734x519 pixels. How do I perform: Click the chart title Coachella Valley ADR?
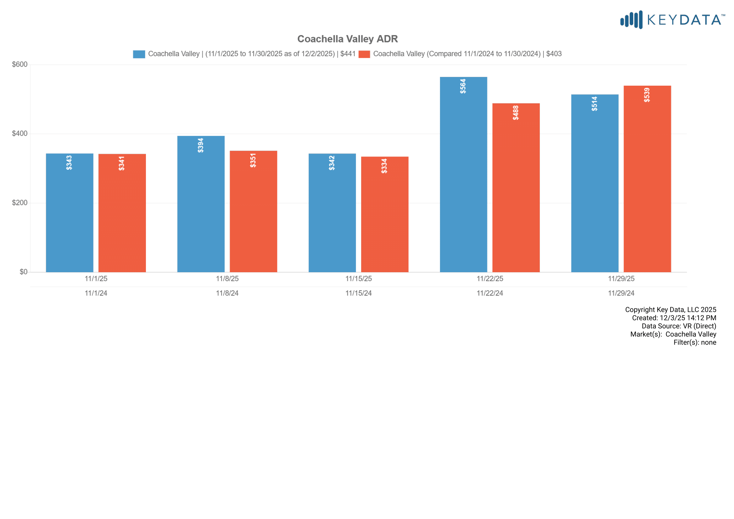347,39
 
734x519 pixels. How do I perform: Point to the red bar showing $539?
647,179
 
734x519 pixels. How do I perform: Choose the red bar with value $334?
385,214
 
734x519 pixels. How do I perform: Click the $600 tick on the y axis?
19,65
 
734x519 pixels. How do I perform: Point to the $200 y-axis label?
19,203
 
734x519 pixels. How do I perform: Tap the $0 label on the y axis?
23,272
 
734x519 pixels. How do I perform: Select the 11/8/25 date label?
227,279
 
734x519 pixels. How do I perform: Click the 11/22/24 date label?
490,293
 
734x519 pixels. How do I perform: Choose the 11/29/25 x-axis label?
621,279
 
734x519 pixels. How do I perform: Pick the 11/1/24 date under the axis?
96,293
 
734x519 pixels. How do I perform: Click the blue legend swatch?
139,54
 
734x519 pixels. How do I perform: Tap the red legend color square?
364,54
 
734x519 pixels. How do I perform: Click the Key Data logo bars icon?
631,20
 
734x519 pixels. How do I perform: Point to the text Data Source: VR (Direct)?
679,326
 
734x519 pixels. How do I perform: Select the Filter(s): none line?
695,343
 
